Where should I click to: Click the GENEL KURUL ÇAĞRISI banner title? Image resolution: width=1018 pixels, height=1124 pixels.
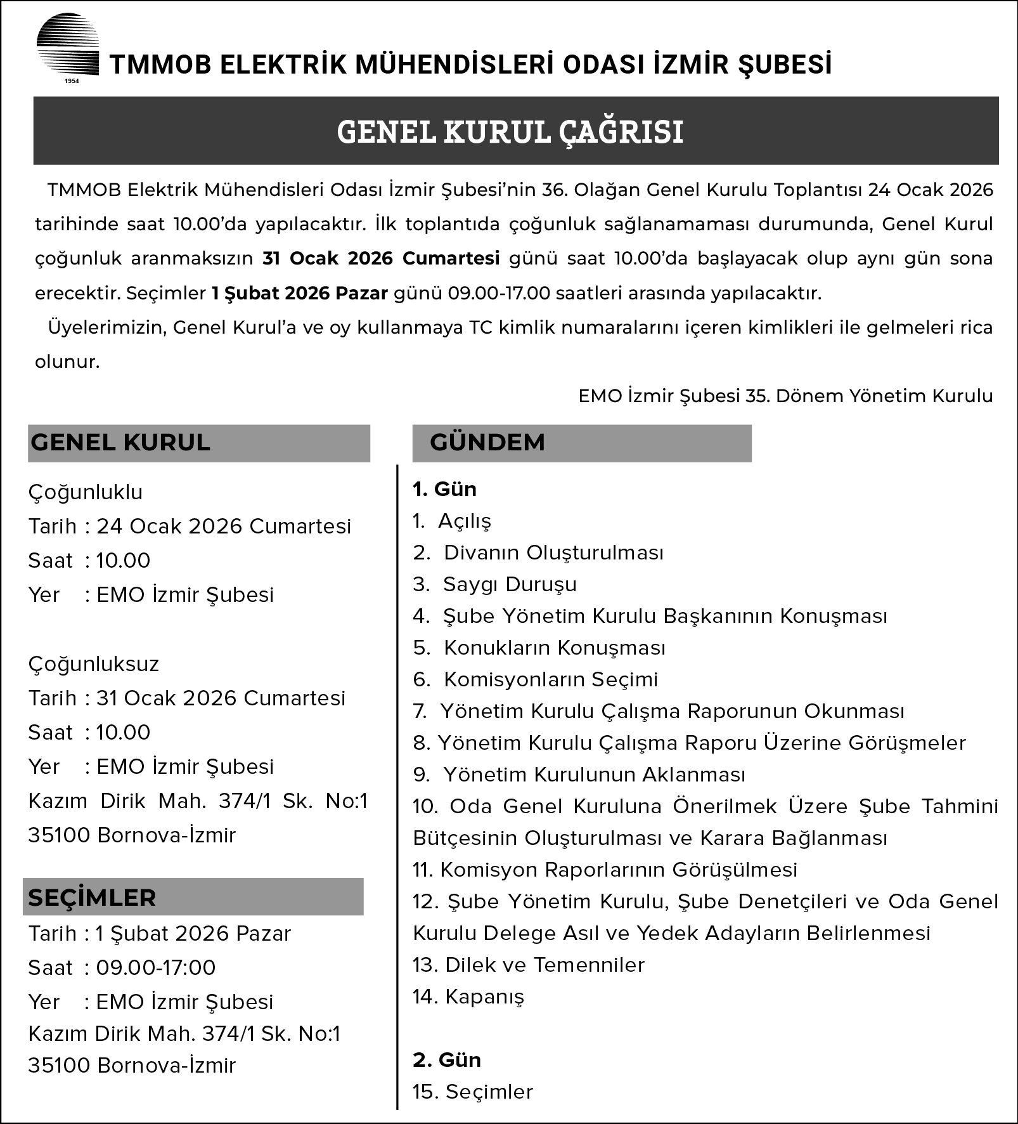click(x=510, y=132)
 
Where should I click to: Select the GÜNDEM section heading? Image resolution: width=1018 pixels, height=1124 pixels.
click(x=487, y=442)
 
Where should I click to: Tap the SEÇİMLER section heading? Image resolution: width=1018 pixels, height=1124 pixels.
click(x=92, y=898)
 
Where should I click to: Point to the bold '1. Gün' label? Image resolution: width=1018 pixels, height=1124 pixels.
click(x=444, y=489)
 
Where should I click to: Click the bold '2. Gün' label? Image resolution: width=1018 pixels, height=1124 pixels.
click(x=446, y=1060)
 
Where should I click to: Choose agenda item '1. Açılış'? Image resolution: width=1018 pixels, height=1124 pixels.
click(x=452, y=521)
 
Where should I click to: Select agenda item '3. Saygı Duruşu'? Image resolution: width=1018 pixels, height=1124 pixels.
click(x=494, y=584)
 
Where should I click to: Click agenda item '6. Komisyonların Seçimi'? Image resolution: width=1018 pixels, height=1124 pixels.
click(x=536, y=679)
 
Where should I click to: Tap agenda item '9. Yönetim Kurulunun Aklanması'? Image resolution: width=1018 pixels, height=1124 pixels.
click(x=579, y=774)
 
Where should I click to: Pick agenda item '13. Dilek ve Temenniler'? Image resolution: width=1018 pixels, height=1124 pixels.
click(x=528, y=965)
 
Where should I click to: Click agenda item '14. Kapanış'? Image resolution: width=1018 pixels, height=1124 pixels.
click(x=468, y=997)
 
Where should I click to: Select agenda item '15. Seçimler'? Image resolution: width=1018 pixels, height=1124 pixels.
click(x=473, y=1092)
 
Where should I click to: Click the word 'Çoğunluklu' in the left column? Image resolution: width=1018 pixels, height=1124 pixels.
click(x=86, y=492)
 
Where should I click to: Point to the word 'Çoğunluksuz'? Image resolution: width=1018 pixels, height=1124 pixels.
click(x=94, y=664)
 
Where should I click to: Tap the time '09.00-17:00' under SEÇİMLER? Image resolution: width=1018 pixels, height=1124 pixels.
click(x=156, y=968)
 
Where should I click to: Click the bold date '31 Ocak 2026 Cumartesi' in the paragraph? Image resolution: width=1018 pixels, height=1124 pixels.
click(x=381, y=259)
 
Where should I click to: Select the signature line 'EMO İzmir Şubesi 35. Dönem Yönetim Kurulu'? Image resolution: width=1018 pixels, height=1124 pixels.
click(x=785, y=396)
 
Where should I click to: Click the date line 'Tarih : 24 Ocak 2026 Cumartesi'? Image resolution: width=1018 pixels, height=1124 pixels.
click(x=190, y=526)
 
